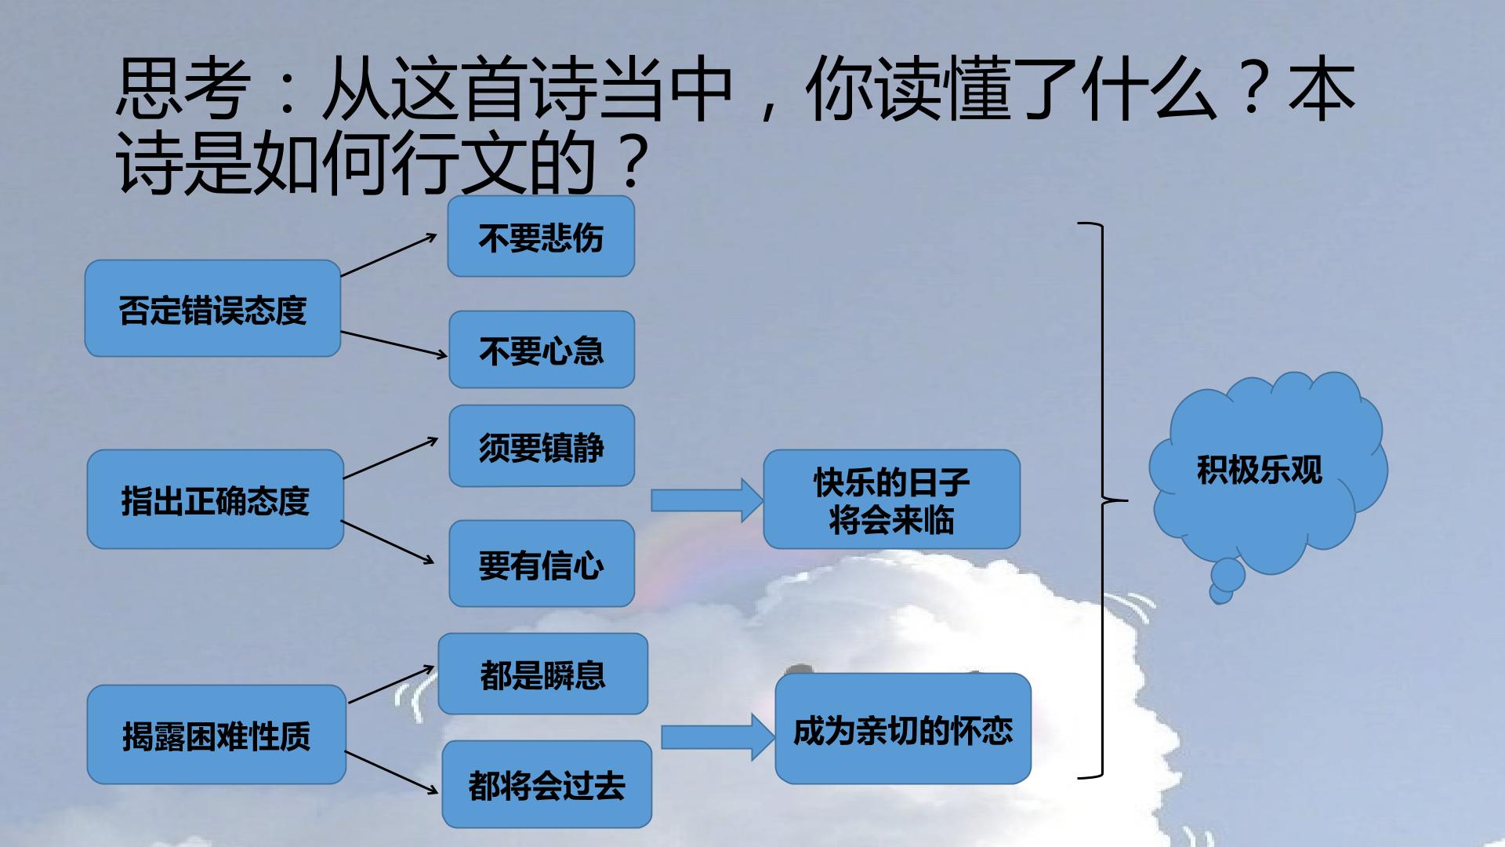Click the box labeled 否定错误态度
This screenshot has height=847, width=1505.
[212, 308]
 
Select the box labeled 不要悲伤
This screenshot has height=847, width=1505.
[541, 236]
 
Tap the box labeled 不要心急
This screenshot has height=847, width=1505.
[542, 349]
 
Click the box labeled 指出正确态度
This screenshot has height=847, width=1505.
[216, 499]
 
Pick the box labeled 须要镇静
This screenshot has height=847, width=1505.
[542, 445]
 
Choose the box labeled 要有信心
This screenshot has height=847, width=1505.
[542, 563]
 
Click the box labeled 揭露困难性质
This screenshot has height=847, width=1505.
[216, 734]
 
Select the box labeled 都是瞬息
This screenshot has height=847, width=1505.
[543, 674]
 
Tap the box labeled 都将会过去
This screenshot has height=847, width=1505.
[547, 784]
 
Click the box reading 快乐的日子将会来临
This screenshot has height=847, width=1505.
[892, 499]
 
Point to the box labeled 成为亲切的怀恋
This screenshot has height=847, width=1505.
[903, 729]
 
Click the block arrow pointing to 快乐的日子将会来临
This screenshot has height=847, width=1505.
[707, 500]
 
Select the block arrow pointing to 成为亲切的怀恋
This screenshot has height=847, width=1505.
[718, 737]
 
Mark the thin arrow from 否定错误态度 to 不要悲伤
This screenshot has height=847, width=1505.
[389, 255]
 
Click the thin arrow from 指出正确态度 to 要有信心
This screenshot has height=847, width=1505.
[388, 542]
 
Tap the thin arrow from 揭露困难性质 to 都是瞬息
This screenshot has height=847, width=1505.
[391, 684]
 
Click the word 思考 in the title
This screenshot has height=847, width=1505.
[183, 91]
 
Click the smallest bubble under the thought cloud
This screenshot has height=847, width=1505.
[1220, 594]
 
